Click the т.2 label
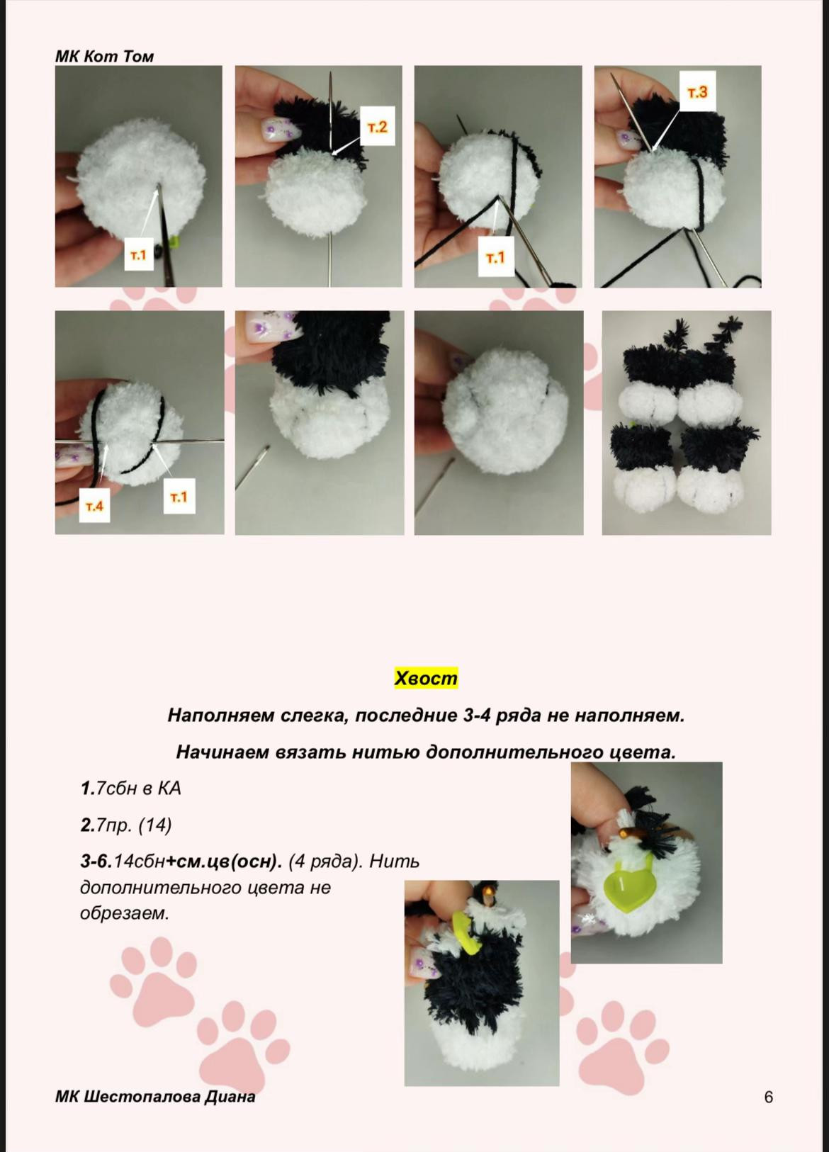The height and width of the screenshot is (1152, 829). (378, 126)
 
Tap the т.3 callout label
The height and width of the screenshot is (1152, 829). (697, 91)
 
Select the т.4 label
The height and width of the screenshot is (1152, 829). (95, 506)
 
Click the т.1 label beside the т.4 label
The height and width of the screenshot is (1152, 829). (179, 496)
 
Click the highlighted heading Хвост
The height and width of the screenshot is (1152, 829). (426, 677)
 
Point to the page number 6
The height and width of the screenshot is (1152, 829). (768, 1097)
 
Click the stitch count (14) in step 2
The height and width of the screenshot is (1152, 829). (155, 825)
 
